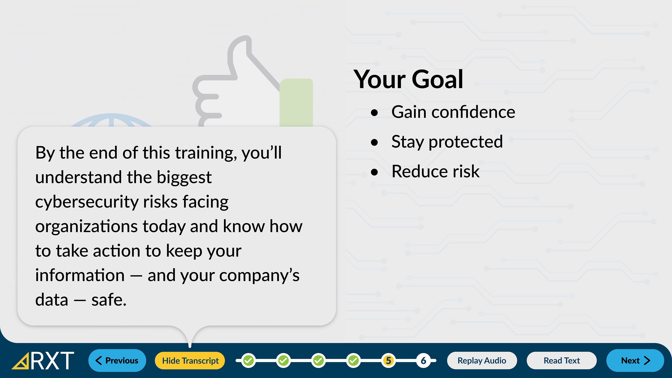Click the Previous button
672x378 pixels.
[x=117, y=360]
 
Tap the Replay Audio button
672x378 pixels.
[x=482, y=360]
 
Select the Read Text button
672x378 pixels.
[x=562, y=360]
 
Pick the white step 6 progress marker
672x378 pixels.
[x=423, y=360]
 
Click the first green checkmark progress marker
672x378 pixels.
[x=248, y=360]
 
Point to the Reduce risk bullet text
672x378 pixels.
[x=436, y=172]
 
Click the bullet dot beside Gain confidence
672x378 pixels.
[x=374, y=113]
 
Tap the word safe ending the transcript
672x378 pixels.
[x=109, y=300]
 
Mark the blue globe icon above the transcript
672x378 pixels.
[x=111, y=121]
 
